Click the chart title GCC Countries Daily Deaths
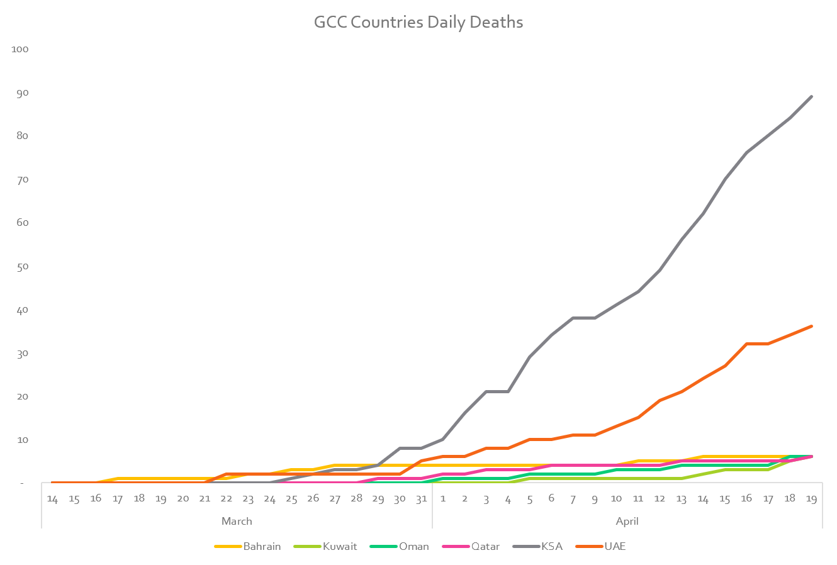pos(418,23)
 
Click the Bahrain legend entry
pos(262,546)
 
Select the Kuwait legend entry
pos(340,546)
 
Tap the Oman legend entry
pos(413,546)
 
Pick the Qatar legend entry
pos(485,546)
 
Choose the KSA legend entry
pos(551,546)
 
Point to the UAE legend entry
pos(615,546)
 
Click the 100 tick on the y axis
pos(20,49)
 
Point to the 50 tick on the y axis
pos(22,266)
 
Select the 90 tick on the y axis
pos(22,92)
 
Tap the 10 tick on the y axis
pos(22,440)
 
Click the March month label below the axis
pos(237,521)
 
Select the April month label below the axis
pos(627,521)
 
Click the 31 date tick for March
pos(421,498)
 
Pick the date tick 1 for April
pos(443,498)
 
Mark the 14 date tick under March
pos(52,498)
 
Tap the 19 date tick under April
pos(811,498)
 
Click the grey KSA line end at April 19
pos(811,96)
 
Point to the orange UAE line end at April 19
pos(811,326)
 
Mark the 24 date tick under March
pos(269,498)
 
